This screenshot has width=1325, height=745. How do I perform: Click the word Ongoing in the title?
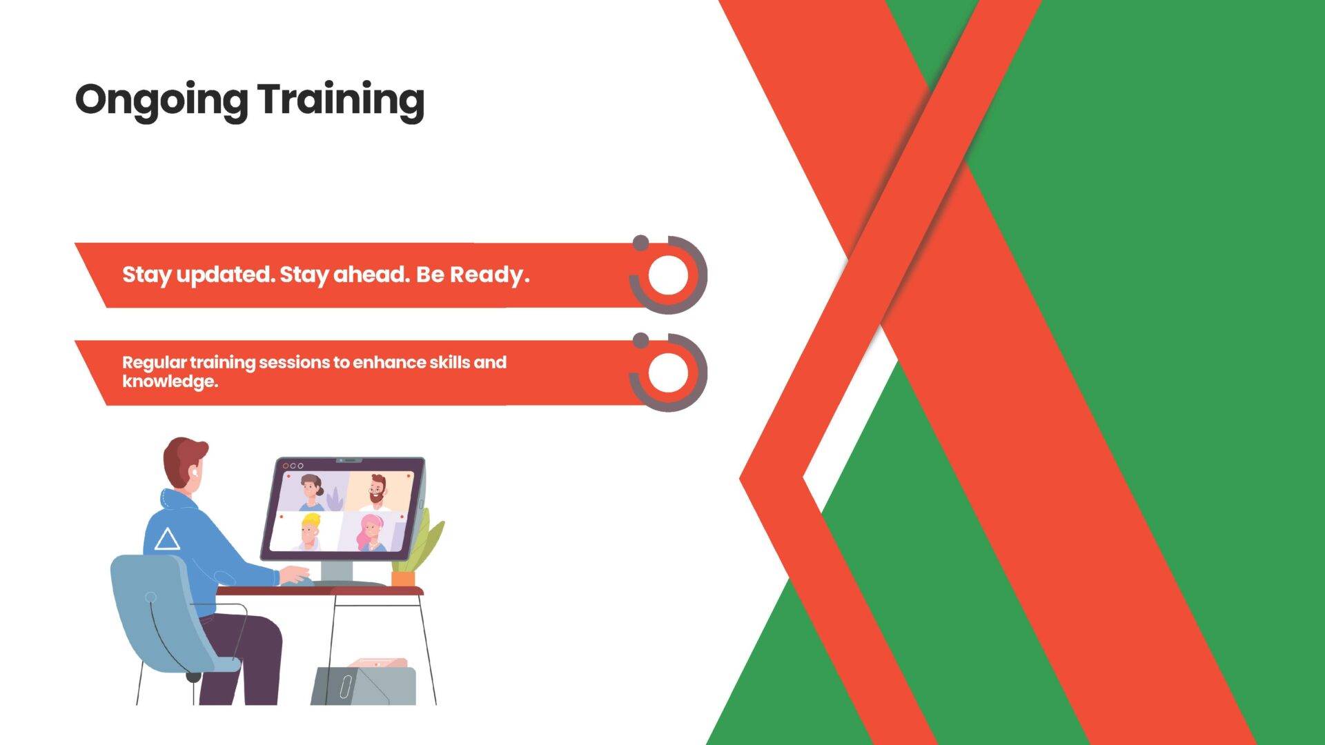coord(161,101)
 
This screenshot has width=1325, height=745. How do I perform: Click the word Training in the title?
coord(341,101)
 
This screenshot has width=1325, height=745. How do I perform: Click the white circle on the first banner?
coord(669,275)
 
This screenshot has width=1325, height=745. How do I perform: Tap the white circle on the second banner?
coord(669,372)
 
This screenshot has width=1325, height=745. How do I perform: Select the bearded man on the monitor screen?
coord(377,490)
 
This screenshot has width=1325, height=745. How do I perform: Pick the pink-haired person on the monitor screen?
coord(371,533)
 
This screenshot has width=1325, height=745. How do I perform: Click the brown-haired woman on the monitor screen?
coord(312,491)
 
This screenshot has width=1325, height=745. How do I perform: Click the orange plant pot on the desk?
coord(403,578)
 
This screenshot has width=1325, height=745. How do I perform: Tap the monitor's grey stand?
coord(337,572)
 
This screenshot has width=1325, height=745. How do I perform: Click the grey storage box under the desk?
coord(364,685)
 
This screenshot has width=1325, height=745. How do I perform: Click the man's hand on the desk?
coord(295,575)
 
